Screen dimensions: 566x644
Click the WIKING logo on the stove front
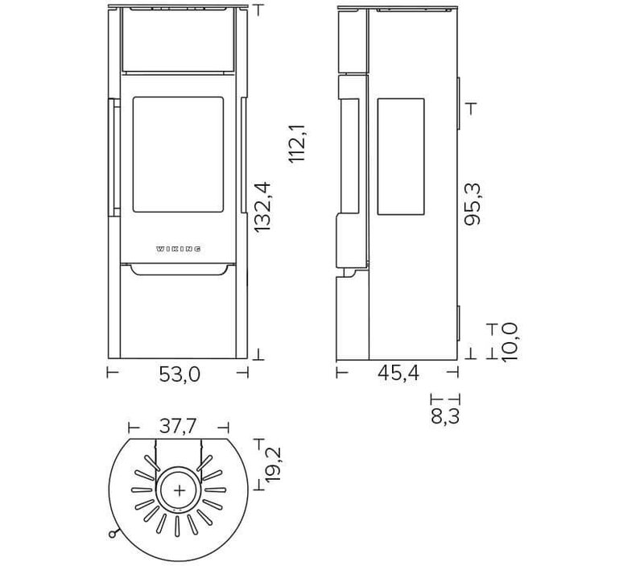178,249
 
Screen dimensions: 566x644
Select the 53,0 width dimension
178,375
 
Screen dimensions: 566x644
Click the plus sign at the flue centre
180,491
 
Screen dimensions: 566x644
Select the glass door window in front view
177,155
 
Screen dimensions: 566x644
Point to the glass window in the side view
400,157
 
